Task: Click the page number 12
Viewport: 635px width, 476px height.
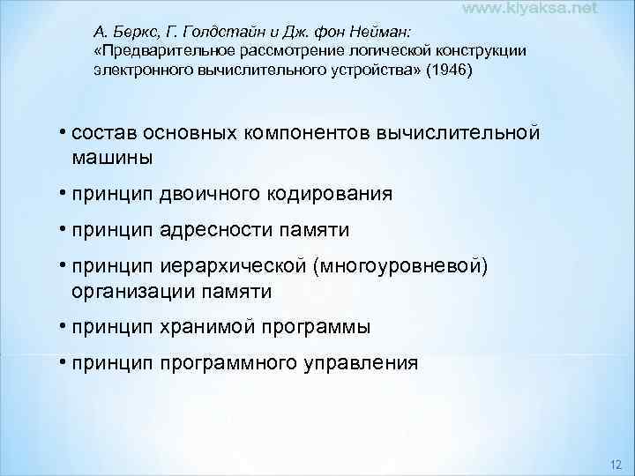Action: tap(616, 465)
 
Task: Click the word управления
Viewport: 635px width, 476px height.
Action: tap(365, 362)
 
